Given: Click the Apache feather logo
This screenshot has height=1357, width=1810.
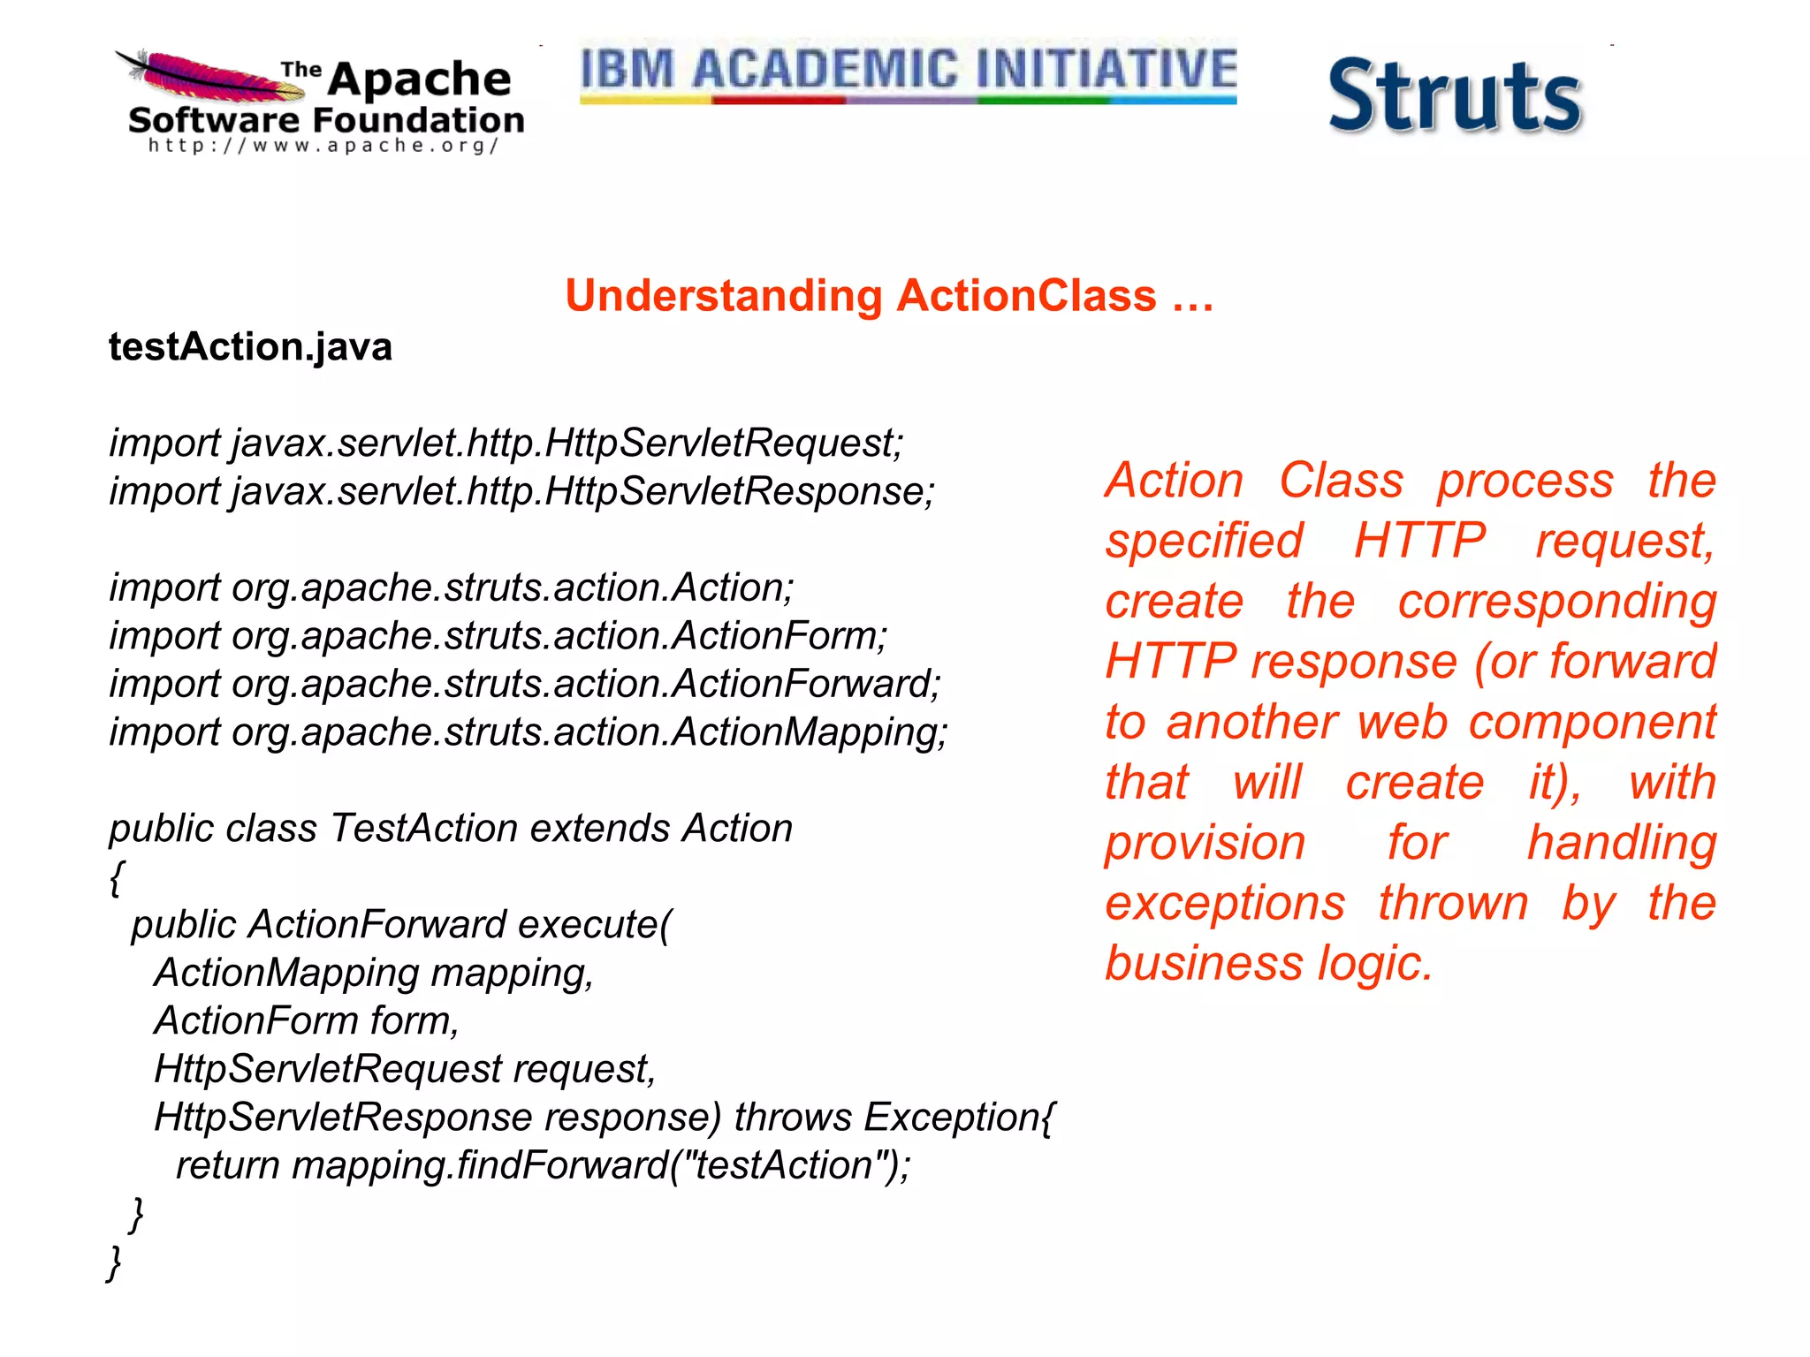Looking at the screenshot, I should pos(208,76).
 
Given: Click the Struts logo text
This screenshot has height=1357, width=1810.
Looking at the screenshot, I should pos(1454,96).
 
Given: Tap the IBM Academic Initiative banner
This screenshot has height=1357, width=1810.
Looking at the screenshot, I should pos(908,71).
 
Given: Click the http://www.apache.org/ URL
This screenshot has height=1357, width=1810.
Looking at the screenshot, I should pos(323,146).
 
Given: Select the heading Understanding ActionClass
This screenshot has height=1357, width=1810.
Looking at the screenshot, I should pos(889,296).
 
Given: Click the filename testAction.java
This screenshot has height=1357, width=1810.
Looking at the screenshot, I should pos(250,346).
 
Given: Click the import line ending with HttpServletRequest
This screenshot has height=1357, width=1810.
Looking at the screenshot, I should pos(506,443).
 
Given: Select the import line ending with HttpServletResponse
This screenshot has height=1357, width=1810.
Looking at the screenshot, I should pos(521,491).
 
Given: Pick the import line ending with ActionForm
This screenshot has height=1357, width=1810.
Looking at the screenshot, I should pos(498,636).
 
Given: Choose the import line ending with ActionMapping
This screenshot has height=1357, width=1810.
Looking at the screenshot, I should pos(528,732).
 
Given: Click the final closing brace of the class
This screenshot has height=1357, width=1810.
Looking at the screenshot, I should pos(114,1262).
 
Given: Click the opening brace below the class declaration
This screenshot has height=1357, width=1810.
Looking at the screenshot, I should pos(117,877).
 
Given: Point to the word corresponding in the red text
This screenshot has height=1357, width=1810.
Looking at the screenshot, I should pos(1556,602).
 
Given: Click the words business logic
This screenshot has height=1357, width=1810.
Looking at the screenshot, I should pos(1268,963).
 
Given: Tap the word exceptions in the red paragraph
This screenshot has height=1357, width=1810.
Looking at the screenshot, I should pos(1225,903).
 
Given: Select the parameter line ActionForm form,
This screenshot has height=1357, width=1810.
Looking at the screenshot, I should pos(307,1021).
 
